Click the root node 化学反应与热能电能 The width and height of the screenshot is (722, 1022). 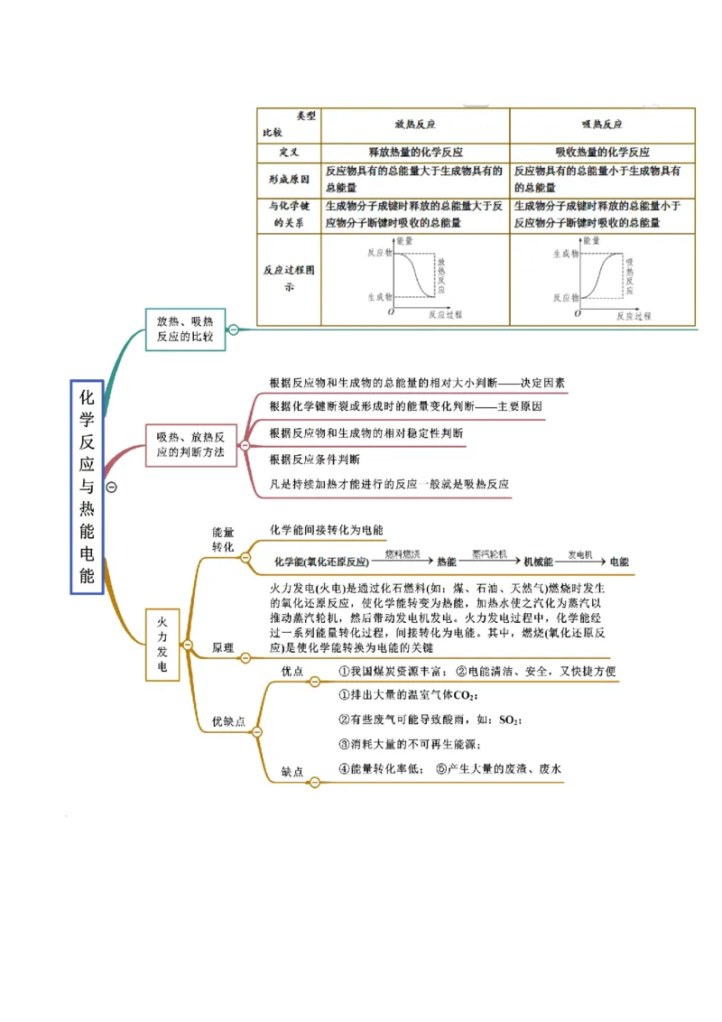88,487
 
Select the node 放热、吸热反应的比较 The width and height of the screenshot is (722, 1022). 185,328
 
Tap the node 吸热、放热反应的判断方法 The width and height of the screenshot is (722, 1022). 190,443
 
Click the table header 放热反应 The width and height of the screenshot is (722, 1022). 415,125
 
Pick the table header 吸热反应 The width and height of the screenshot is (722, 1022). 602,125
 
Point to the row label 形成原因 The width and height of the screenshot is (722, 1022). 289,179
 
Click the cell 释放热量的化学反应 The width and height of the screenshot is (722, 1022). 415,152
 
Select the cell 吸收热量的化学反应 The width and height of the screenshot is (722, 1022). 602,152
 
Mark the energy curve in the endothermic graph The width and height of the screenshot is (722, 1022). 602,274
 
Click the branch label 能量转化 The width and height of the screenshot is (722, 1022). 222,540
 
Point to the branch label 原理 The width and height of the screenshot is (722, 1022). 222,648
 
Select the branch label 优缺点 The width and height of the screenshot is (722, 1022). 227,721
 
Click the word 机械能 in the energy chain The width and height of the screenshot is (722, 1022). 538,562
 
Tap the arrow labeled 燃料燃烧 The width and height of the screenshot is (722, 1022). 403,560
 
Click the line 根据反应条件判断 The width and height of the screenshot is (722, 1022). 314,459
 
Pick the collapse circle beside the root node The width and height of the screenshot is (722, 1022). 112,487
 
